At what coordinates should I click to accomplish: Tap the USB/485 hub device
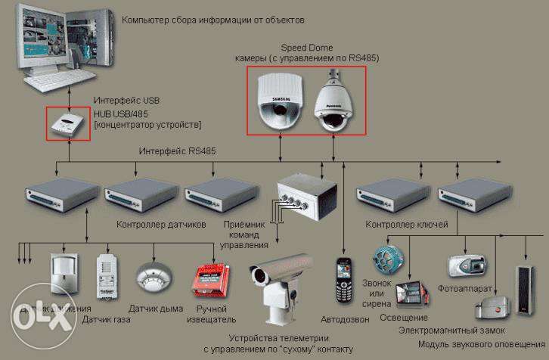coord(68,124)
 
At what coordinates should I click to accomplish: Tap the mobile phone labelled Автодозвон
coord(346,277)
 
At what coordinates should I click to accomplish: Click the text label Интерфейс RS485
coord(177,151)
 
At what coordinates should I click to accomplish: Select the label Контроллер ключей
coord(407,225)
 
